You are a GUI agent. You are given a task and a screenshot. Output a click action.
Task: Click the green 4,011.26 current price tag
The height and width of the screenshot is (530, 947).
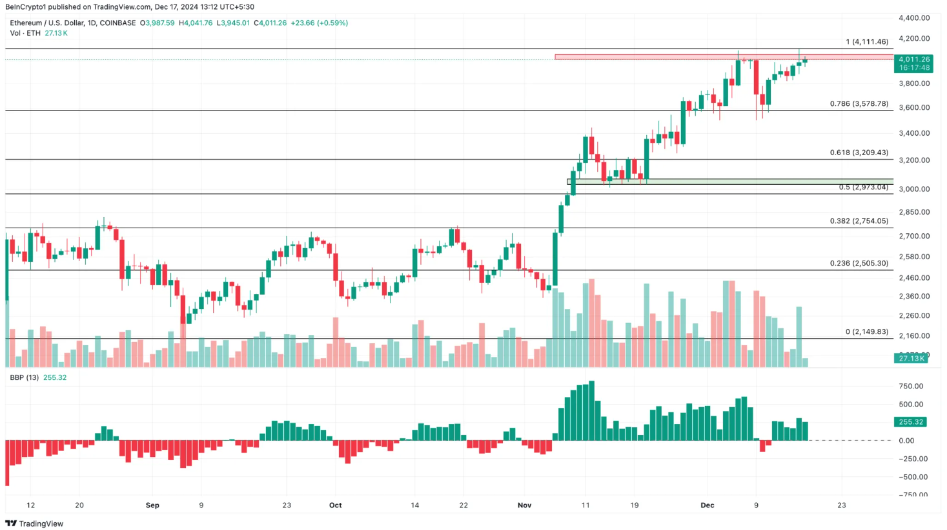(x=913, y=59)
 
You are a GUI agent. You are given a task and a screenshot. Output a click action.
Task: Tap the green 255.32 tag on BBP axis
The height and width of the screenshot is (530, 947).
(x=911, y=422)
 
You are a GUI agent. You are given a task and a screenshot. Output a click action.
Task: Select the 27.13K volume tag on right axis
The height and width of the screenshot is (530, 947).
(x=911, y=358)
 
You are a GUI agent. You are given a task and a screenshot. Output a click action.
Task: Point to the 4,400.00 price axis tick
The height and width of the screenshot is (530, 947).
(x=914, y=18)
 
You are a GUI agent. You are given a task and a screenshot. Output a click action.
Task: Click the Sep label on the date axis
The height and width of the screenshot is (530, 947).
(x=152, y=505)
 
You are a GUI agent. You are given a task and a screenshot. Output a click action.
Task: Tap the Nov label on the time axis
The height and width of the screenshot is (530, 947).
(x=524, y=505)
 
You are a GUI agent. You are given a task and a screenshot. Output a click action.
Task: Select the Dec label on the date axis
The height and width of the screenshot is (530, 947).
(x=708, y=505)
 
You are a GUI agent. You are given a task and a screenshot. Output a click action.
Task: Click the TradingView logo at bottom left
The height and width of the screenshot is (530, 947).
(x=35, y=524)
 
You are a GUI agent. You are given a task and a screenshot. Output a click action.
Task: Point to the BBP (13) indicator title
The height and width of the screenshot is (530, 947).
(x=25, y=377)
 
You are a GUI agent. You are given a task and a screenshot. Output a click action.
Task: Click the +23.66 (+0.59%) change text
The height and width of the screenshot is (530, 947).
(x=319, y=23)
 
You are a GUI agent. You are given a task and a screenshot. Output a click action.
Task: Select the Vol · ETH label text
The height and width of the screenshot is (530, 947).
(x=25, y=33)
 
